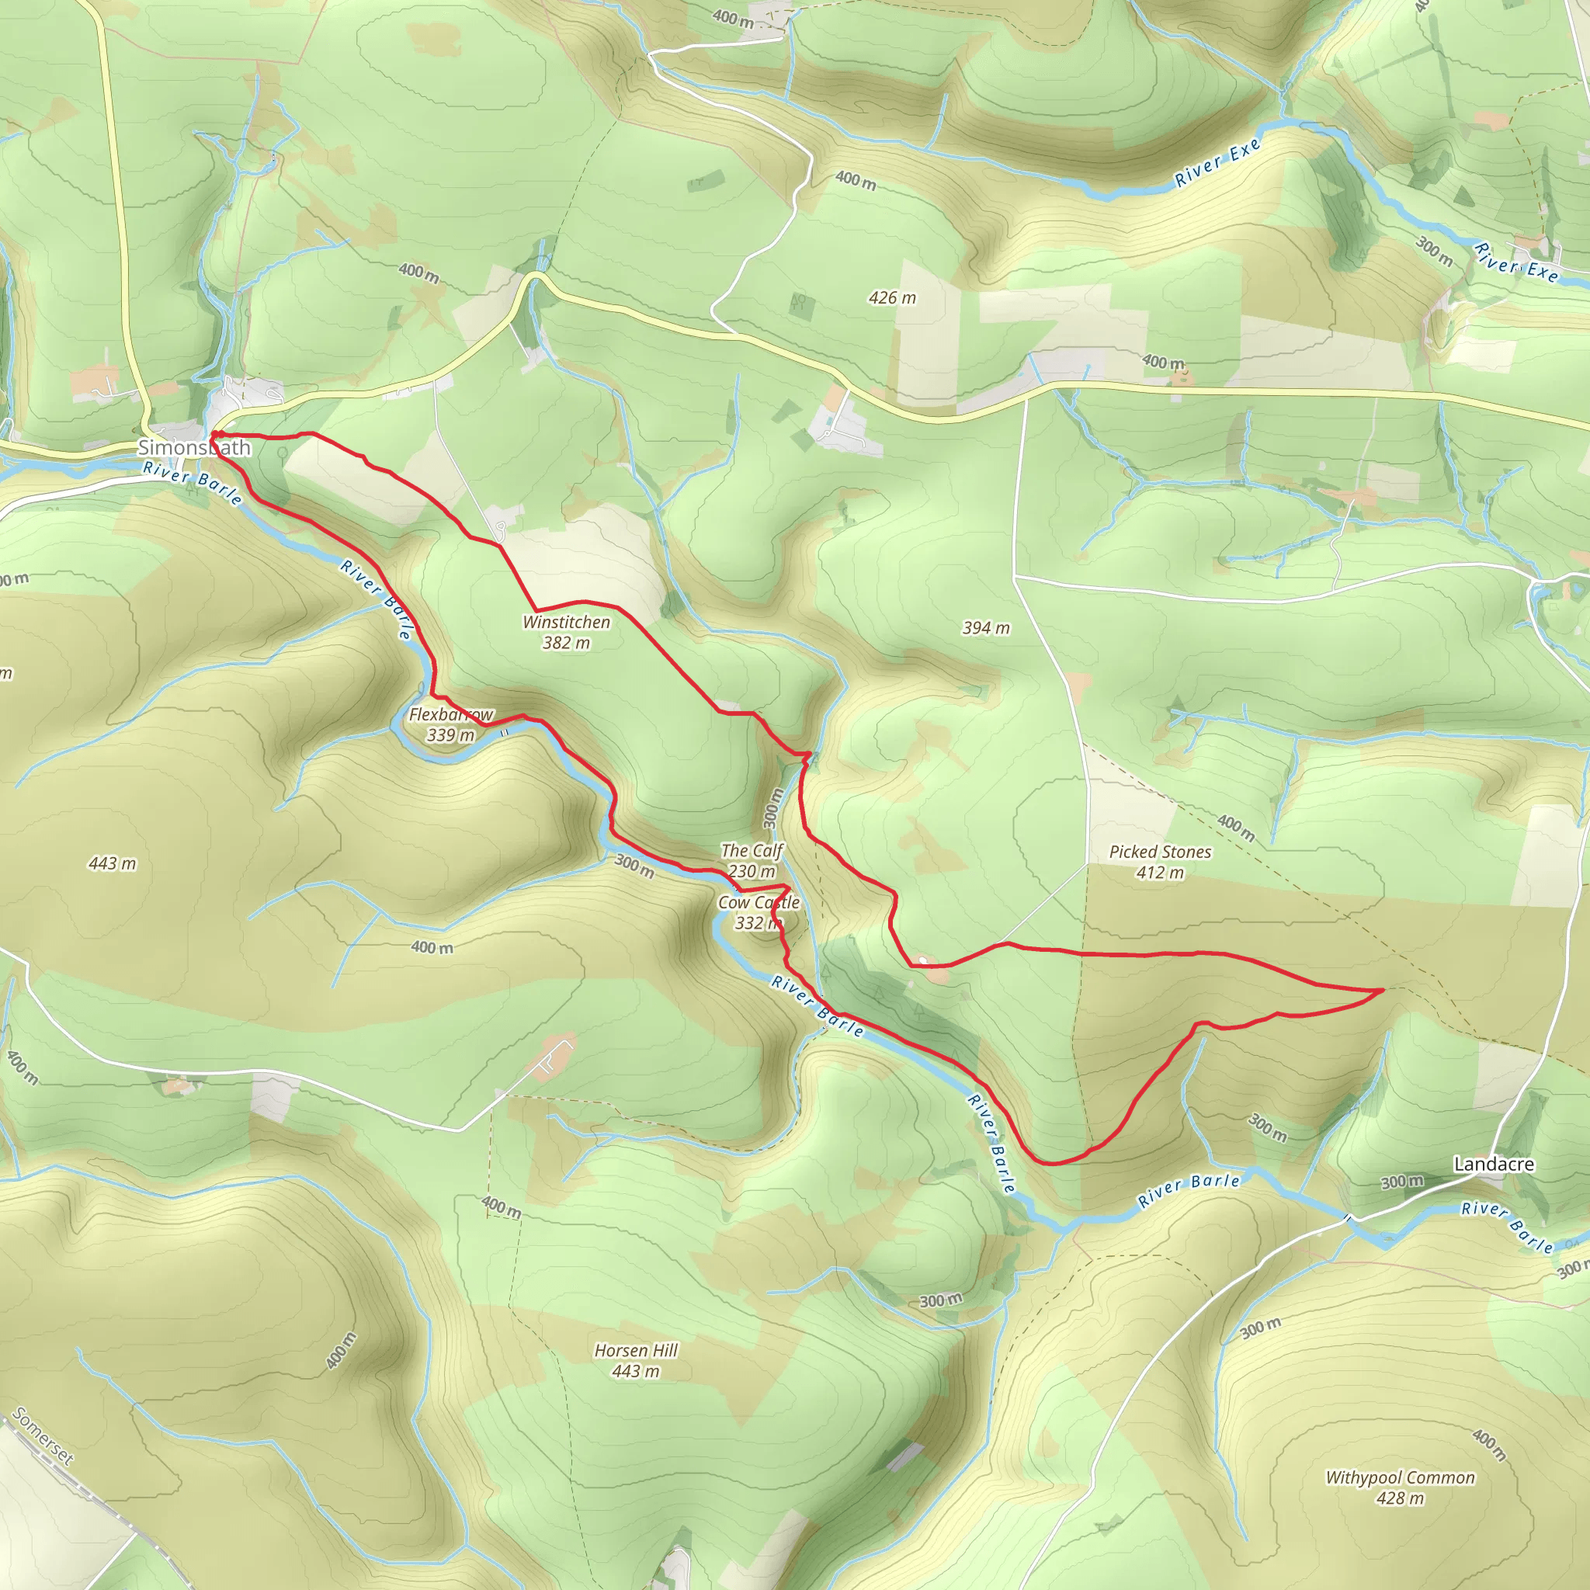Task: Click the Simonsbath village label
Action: click(193, 448)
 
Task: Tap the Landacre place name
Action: click(1494, 1164)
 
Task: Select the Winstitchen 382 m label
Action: click(566, 632)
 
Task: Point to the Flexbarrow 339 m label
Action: click(451, 724)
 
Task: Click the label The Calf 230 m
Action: click(752, 860)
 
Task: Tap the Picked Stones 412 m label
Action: click(1160, 862)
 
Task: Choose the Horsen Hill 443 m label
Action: click(635, 1360)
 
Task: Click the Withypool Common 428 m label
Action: click(1400, 1487)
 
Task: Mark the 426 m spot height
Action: click(892, 298)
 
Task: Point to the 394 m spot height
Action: click(986, 628)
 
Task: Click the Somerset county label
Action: click(43, 861)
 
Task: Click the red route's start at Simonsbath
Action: click(214, 434)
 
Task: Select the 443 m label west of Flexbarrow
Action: click(112, 863)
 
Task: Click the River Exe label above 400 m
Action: click(1217, 162)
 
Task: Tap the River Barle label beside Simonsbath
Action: click(193, 483)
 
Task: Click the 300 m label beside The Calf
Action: click(771, 807)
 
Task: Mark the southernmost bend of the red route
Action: click(1054, 1163)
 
